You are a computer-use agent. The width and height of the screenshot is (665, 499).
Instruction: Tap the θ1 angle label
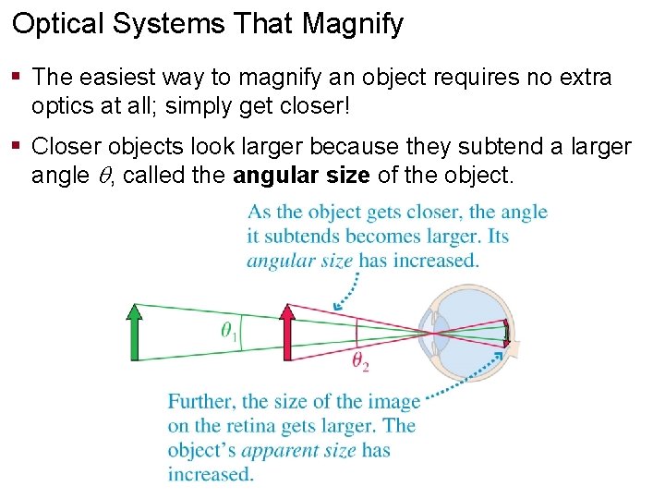[x=229, y=331]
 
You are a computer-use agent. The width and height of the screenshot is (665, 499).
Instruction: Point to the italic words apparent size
[x=298, y=451]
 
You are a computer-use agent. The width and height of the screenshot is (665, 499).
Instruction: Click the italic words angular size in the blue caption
[x=299, y=261]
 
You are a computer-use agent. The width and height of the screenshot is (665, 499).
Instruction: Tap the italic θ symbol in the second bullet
[x=103, y=175]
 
